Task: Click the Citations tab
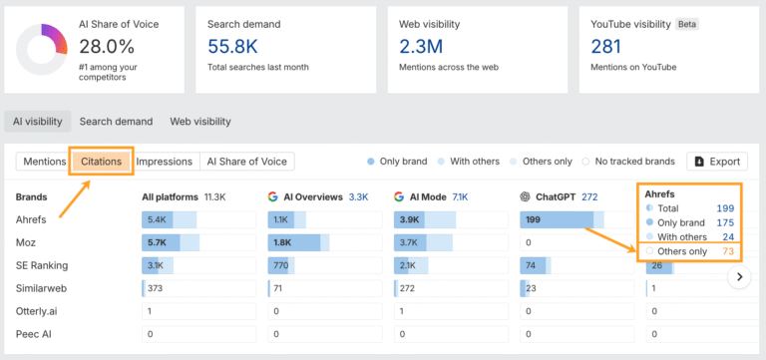101,162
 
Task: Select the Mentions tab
44,162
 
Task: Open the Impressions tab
164,162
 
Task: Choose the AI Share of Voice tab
247,162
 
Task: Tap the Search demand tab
116,122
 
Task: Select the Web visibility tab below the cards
199,122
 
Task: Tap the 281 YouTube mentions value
605,45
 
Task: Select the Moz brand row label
27,242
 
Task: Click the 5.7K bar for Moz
161,242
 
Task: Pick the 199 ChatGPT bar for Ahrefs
557,219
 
